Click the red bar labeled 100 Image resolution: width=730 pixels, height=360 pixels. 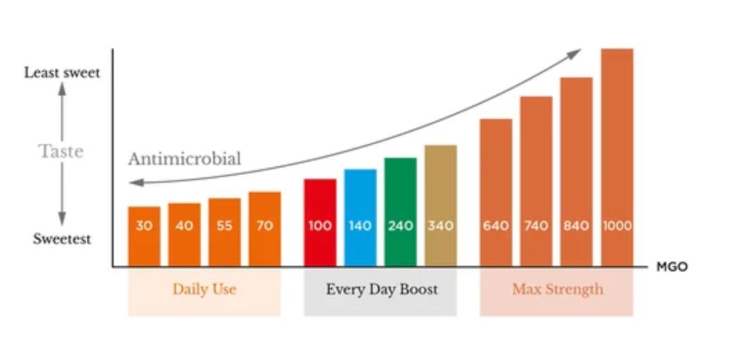320,223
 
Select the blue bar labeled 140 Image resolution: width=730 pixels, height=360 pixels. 360,218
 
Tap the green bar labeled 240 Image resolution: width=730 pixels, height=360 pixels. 400,212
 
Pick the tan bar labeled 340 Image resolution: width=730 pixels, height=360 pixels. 440,206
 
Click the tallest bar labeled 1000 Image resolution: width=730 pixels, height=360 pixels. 617,158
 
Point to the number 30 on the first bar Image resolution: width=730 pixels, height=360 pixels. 144,226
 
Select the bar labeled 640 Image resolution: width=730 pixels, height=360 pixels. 496,193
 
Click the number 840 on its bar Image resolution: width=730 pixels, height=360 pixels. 576,226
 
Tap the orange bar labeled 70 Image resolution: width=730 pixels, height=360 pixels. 265,229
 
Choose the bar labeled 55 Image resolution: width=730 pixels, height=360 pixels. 224,233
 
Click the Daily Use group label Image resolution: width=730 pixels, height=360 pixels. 204,289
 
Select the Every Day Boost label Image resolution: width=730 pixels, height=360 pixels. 382,290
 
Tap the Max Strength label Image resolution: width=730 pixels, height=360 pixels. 558,290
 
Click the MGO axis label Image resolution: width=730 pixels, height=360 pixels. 672,267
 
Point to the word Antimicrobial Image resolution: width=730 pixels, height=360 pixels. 185,159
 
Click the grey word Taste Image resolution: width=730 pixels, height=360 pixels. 61,151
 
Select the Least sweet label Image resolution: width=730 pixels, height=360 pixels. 62,73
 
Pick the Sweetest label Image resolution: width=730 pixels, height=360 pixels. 62,239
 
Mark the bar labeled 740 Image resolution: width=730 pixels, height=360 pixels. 536,182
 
